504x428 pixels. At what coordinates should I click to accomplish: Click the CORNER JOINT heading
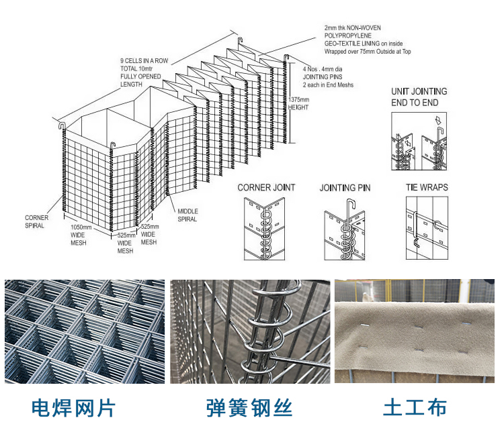click(x=266, y=187)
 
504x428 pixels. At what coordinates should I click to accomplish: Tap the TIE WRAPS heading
click(x=427, y=187)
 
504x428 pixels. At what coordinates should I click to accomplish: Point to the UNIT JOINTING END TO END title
click(x=419, y=97)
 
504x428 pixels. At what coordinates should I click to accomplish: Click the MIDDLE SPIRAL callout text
click(x=187, y=215)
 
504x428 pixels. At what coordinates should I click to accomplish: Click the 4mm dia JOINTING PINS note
click(x=328, y=77)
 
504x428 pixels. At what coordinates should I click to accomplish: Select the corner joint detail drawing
click(x=266, y=228)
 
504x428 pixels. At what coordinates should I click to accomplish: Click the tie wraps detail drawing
click(x=427, y=228)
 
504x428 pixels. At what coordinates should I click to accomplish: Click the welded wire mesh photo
click(x=85, y=331)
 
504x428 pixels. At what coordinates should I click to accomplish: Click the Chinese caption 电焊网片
click(x=74, y=407)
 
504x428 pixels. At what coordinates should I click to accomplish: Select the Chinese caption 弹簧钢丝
click(x=249, y=407)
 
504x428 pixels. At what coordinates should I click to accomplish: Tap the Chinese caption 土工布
click(x=415, y=407)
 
